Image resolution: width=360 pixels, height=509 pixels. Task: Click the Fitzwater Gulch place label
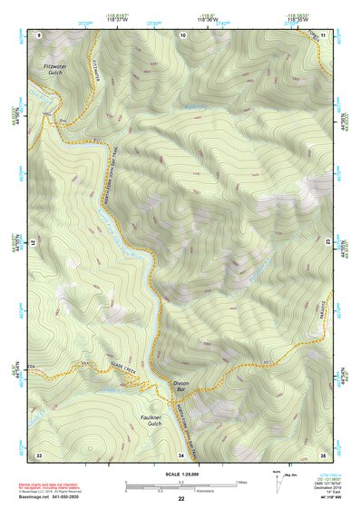pos(56,71)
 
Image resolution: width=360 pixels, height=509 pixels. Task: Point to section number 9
pos(39,34)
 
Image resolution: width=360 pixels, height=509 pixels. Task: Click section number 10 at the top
pos(182,34)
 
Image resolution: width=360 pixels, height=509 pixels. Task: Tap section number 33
pos(39,454)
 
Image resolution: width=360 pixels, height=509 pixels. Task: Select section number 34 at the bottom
pos(181,454)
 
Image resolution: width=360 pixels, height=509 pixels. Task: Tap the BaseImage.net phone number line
pos(49,495)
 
